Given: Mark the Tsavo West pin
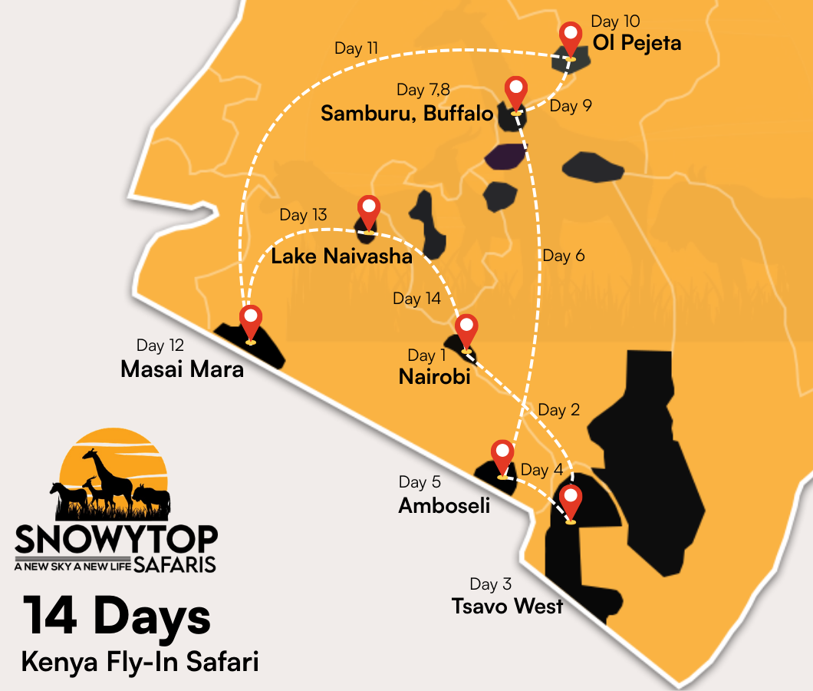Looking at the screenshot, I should (570, 501).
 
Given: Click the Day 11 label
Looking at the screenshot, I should (357, 48).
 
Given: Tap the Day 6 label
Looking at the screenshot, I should (564, 256).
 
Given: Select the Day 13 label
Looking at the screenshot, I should (303, 215).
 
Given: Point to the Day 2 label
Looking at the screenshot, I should (559, 410).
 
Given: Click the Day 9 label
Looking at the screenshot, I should (571, 106).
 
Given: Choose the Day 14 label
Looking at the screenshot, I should (416, 299).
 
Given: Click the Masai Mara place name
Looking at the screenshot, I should (182, 369).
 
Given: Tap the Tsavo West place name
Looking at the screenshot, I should (508, 606).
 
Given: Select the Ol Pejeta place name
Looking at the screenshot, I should (637, 43).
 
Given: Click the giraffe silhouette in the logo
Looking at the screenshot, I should (107, 476).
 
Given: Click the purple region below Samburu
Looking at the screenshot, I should (503, 157).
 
